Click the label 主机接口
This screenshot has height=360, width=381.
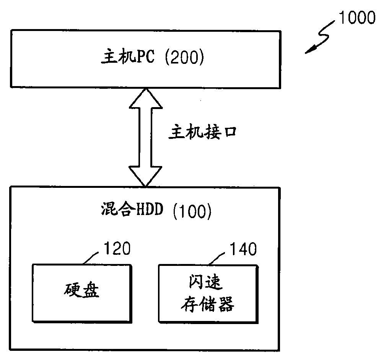click(x=203, y=132)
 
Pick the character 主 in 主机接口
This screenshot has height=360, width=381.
click(x=175, y=132)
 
